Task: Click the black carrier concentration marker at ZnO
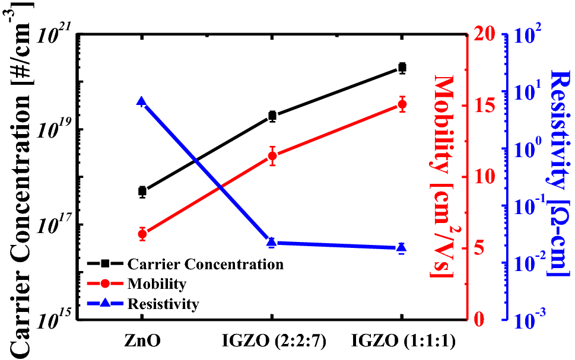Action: pos(142,191)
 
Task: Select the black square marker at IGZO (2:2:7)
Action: pos(272,116)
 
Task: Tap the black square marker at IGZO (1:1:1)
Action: pos(402,68)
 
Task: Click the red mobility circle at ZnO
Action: pos(142,234)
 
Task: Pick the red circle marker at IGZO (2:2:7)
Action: pos(272,156)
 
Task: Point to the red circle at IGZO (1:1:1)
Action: pos(402,104)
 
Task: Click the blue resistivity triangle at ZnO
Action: pos(142,102)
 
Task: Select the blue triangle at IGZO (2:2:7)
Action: pos(272,242)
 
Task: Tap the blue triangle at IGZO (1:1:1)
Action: pos(402,247)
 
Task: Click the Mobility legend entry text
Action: pos(157,284)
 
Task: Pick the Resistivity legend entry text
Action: pos(163,304)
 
